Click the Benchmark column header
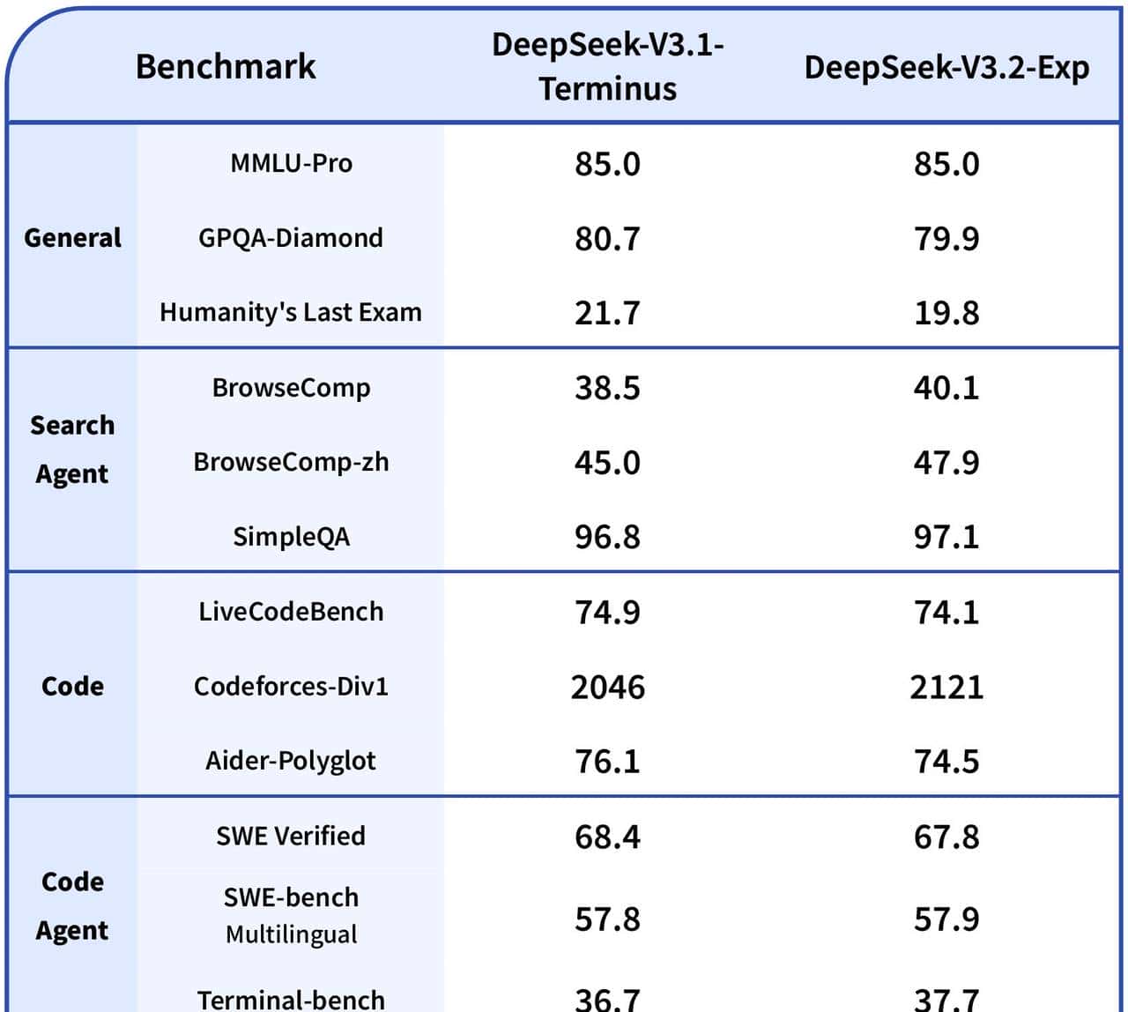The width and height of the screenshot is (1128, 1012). [226, 67]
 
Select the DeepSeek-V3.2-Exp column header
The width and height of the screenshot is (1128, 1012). [946, 68]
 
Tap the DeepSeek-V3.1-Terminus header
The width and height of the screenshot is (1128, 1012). [608, 67]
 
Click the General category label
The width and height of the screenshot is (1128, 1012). [72, 238]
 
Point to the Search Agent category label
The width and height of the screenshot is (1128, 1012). [72, 450]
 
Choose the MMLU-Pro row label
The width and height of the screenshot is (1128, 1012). [291, 163]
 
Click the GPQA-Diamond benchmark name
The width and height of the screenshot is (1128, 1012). [291, 238]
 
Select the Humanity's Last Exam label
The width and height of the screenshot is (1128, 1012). [291, 312]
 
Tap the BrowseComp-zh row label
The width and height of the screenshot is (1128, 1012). [291, 462]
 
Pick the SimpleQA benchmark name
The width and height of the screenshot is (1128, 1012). [291, 537]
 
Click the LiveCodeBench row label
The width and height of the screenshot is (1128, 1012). [291, 612]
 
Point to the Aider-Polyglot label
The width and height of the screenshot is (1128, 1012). [291, 761]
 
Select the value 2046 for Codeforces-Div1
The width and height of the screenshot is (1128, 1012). [608, 687]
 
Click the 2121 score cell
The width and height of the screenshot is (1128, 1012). [946, 687]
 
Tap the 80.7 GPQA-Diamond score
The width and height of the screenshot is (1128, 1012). [608, 238]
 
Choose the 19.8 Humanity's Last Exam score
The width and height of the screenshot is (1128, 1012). [946, 313]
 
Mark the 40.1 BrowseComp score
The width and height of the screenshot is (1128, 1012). [946, 388]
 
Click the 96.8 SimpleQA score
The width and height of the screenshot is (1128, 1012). [608, 537]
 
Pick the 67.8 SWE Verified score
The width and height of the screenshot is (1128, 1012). [946, 837]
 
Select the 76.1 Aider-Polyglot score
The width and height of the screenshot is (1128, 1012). [608, 761]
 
